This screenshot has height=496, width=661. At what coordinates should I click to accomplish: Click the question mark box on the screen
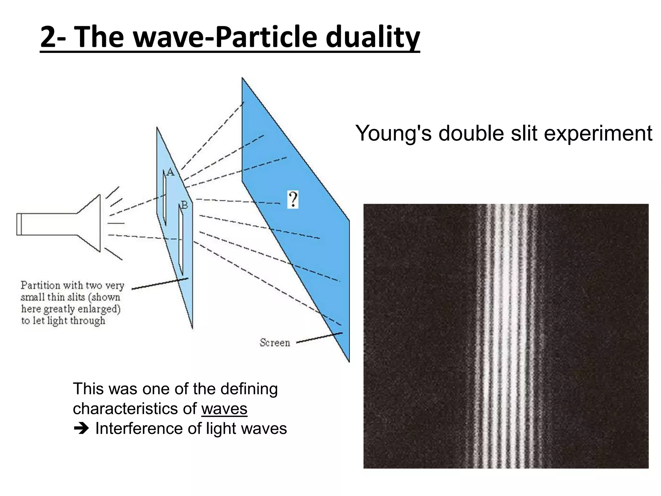293,199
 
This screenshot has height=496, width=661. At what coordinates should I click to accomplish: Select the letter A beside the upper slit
170,172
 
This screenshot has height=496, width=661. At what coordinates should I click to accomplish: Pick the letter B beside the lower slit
184,205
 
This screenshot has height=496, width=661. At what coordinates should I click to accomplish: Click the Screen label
275,343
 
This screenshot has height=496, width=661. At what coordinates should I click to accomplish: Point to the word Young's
393,133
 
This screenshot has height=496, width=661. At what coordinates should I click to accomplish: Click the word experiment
598,133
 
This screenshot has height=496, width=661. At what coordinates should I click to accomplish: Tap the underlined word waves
224,409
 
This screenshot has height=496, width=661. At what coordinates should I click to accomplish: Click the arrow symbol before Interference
81,429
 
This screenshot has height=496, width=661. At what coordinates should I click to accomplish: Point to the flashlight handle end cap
19,224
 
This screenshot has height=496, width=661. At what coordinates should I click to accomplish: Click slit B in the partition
181,239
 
